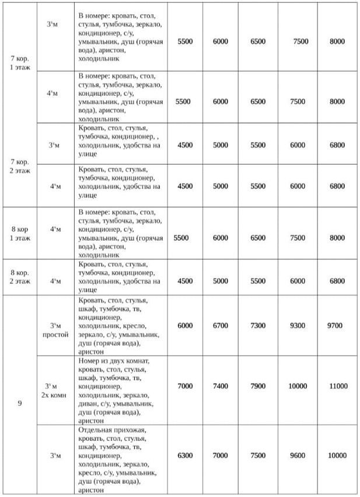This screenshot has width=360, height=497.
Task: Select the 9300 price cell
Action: point(297,325)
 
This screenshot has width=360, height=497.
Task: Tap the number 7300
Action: point(257,325)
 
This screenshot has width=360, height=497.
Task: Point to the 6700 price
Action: point(221,325)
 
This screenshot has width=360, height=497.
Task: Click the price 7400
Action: point(221,387)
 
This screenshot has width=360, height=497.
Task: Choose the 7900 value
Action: point(257,387)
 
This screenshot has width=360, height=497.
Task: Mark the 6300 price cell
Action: point(184,456)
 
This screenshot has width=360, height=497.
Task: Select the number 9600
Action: point(297,456)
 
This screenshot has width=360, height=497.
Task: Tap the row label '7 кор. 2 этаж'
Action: point(20,165)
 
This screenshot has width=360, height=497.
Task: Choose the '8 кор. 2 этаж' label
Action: point(20,276)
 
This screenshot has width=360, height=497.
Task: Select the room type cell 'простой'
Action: point(55,335)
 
